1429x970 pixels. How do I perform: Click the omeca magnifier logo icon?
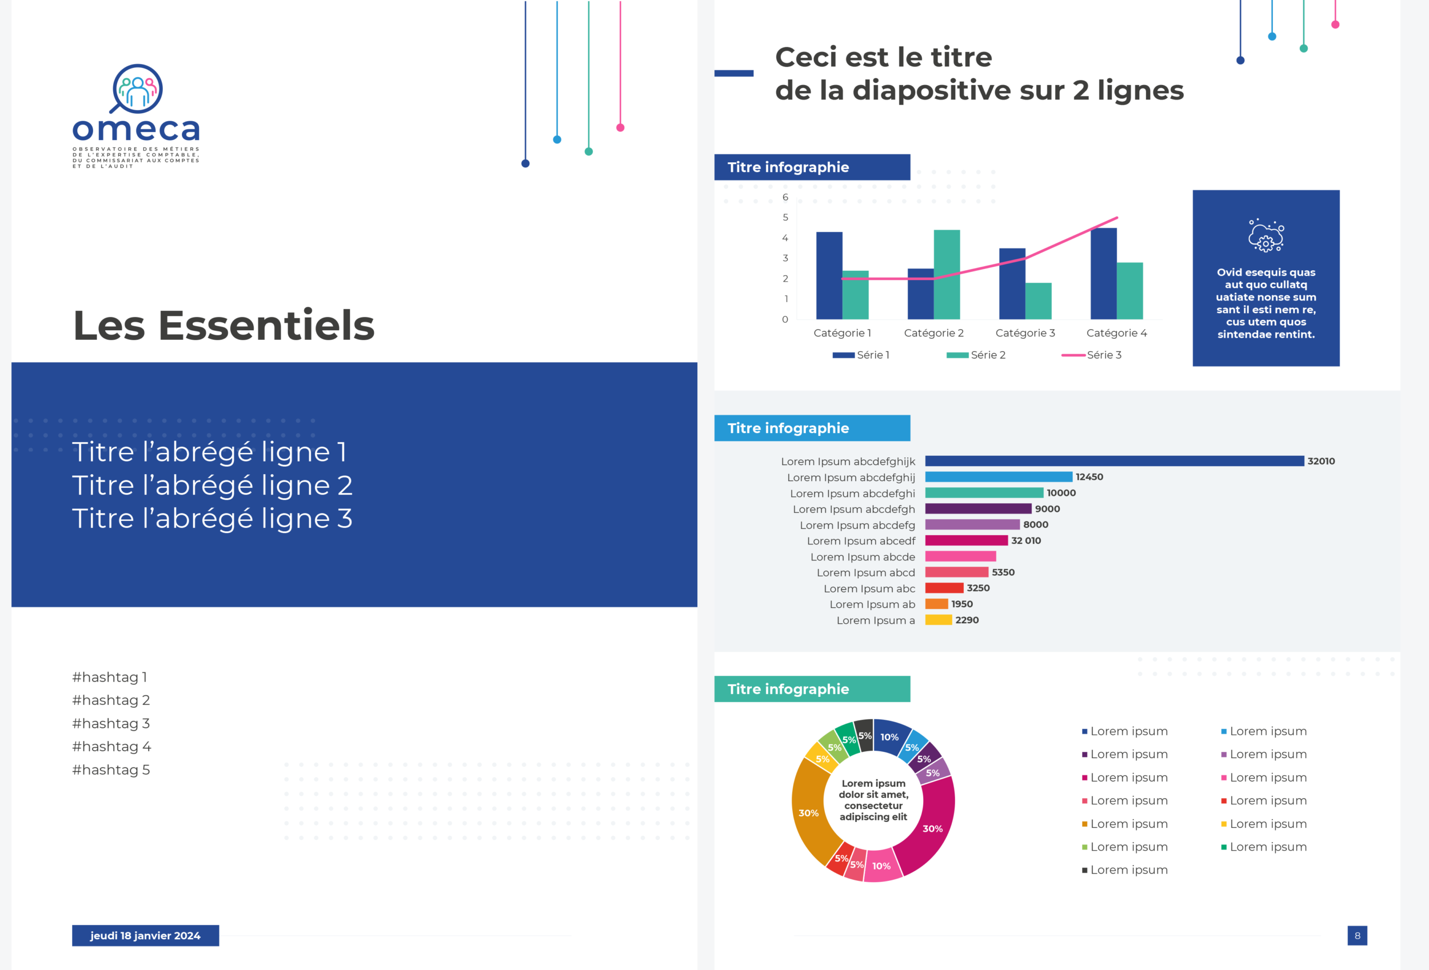(x=137, y=89)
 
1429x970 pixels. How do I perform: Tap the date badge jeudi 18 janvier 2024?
(x=145, y=935)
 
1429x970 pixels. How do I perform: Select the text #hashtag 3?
(x=111, y=724)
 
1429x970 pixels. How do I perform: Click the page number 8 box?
(x=1357, y=935)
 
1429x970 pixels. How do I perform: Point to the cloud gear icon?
(x=1266, y=235)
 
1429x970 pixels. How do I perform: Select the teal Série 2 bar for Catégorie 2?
(x=947, y=274)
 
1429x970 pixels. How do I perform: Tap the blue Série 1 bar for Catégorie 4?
(x=1103, y=274)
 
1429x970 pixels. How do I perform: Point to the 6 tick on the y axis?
(x=785, y=197)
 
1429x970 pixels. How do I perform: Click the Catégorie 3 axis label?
(x=1025, y=333)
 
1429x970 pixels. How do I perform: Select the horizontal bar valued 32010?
(x=1114, y=461)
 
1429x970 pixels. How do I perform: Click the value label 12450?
(x=1089, y=477)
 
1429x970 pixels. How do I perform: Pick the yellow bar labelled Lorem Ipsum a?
(x=939, y=620)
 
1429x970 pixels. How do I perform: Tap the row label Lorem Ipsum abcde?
(x=862, y=557)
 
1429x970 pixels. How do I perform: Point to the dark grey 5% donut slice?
(x=864, y=735)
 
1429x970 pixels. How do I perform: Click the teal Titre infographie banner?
(x=812, y=689)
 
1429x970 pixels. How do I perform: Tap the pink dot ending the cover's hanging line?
(x=620, y=128)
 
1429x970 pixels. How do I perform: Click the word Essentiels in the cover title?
(x=266, y=325)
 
